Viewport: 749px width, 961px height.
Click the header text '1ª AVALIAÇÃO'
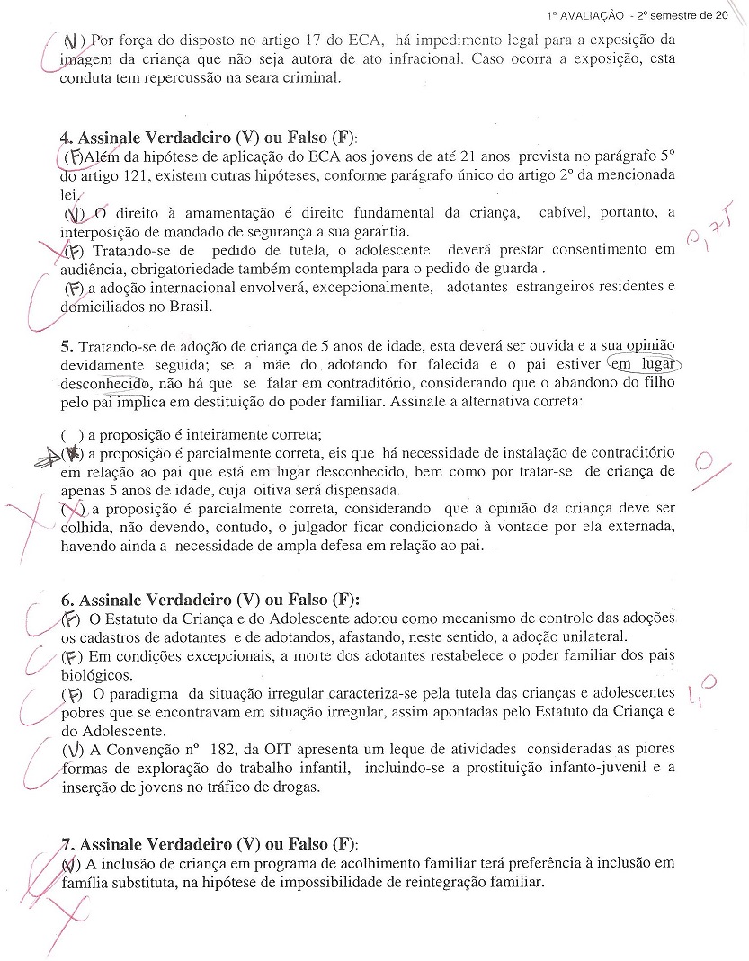click(x=584, y=16)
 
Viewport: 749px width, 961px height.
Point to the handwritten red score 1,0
click(x=703, y=692)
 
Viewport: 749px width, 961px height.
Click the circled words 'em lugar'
click(x=644, y=363)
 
